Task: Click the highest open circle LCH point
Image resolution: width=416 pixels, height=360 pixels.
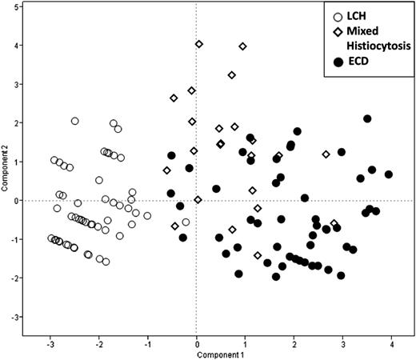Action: click(75, 122)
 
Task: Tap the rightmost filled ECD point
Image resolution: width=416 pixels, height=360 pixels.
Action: click(389, 174)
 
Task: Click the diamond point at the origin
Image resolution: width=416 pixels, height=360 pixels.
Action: click(198, 200)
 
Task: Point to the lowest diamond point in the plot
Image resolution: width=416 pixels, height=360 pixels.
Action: click(258, 255)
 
